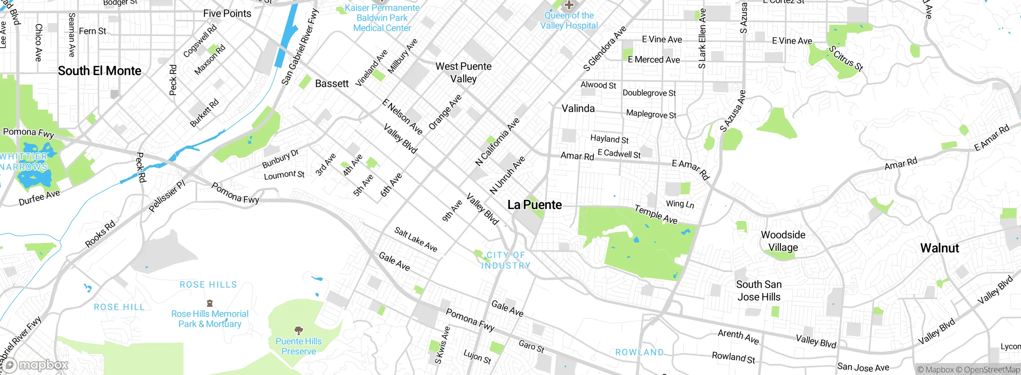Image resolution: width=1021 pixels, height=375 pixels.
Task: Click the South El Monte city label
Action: coord(99,71)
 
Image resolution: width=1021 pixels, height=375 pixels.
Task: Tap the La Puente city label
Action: coord(534,205)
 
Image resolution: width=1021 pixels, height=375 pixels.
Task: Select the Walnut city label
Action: coord(939,248)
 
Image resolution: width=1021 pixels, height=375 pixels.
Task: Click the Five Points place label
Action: coord(227,14)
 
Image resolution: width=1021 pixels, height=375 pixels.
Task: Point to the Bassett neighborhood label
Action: coord(331,83)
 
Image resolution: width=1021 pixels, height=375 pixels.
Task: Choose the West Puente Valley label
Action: coord(463,72)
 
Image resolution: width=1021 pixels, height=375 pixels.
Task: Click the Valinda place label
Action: coord(578,109)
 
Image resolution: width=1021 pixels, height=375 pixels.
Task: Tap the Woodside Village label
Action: coord(783,241)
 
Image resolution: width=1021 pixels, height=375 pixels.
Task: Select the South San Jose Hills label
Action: coord(759,290)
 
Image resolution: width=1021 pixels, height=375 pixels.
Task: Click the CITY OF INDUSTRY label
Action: coord(505,260)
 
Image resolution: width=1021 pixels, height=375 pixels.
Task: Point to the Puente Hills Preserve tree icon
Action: coord(298,330)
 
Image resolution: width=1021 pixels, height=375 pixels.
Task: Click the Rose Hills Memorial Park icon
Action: coord(210,303)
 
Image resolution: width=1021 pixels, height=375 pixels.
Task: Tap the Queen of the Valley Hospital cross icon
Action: coord(569,5)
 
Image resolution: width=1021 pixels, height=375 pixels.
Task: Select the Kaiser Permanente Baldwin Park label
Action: coord(382,18)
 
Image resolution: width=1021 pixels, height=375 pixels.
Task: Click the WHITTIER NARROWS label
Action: coord(24,162)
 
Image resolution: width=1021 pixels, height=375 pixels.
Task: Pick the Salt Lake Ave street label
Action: coord(416,239)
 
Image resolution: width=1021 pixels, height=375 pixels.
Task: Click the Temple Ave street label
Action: coord(656,214)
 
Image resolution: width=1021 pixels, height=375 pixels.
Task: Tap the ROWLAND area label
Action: coord(639,352)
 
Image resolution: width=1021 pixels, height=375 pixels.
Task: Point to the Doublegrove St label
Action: coord(649,93)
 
